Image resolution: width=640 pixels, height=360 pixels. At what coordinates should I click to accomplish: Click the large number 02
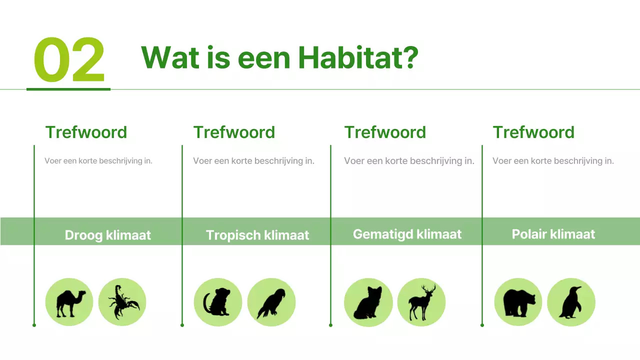tap(69, 60)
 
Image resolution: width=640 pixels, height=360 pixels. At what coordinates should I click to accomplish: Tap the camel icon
tap(69, 302)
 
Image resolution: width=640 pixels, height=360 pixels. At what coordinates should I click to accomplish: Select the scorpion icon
tap(122, 302)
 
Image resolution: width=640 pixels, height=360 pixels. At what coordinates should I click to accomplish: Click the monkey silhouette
tap(217, 302)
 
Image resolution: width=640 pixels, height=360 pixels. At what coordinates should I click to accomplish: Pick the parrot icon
tap(271, 302)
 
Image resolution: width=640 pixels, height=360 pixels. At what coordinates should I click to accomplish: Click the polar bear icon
tap(518, 302)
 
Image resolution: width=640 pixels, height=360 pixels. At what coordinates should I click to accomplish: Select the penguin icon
tap(571, 302)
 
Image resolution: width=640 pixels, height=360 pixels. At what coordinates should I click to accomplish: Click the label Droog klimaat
tap(107, 235)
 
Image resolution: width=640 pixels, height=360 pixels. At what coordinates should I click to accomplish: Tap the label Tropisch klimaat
tap(257, 235)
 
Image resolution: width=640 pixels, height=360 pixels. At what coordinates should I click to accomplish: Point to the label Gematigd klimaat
tap(407, 234)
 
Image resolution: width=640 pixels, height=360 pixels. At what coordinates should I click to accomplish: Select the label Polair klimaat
tap(553, 234)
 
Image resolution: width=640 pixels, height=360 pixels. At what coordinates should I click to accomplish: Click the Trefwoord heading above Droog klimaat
tap(86, 132)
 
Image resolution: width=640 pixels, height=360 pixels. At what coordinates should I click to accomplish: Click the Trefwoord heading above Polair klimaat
tap(533, 132)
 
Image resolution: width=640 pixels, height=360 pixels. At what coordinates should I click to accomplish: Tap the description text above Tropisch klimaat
tap(253, 161)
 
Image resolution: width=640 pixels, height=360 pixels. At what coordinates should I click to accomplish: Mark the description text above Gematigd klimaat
tap(409, 161)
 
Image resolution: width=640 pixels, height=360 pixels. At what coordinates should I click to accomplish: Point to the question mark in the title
tap(410, 57)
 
